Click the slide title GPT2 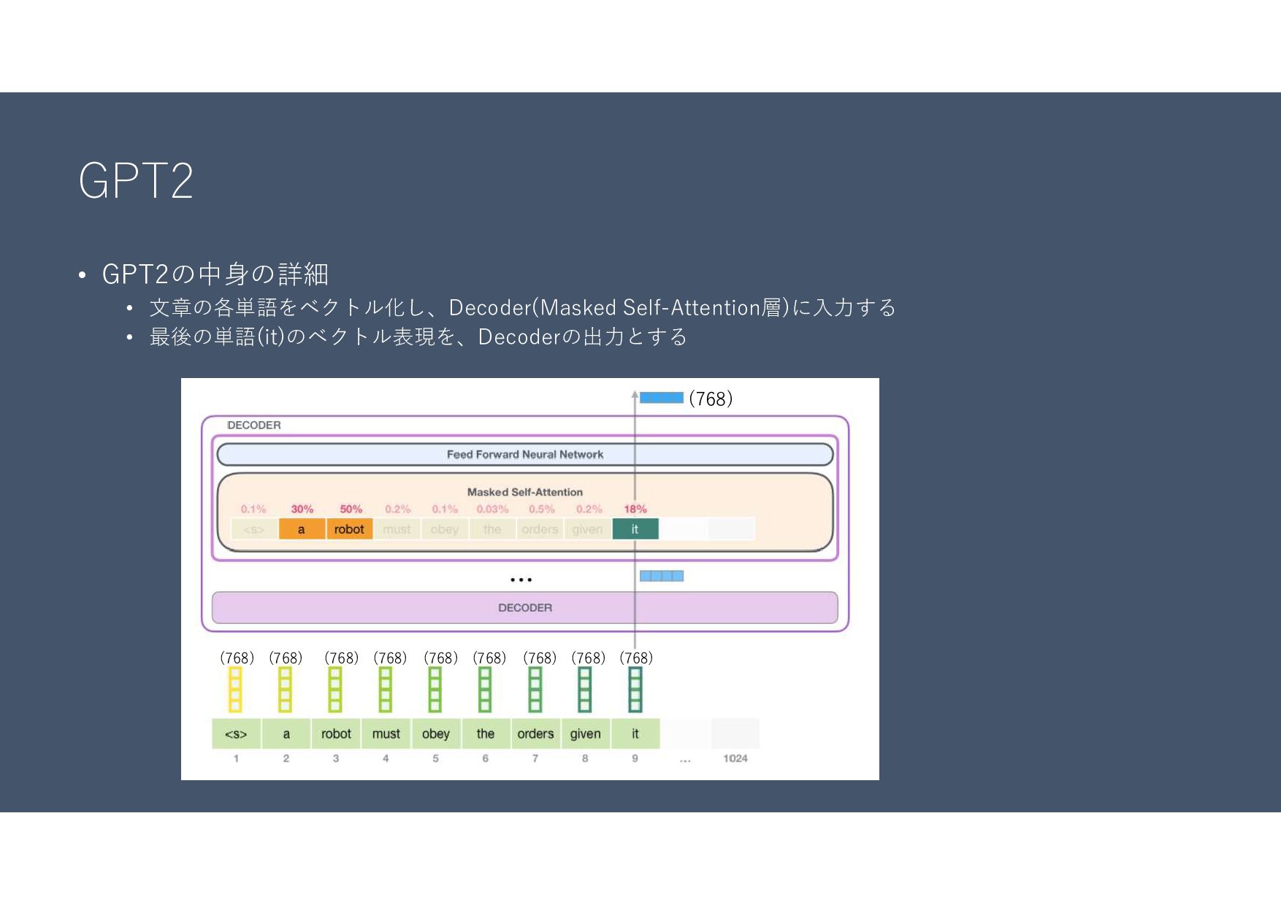[136, 180]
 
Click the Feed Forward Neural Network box [524, 454]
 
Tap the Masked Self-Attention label [524, 492]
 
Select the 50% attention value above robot [351, 509]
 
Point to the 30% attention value [302, 509]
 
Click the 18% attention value [635, 509]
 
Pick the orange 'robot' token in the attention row [349, 529]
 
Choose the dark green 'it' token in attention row [635, 529]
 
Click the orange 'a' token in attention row [301, 529]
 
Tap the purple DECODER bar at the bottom [524, 607]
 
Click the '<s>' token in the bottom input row [236, 733]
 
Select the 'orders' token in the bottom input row [535, 733]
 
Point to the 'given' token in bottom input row [585, 733]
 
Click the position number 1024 [735, 758]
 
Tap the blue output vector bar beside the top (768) [662, 398]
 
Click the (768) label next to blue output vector [711, 398]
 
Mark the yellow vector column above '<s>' [235, 690]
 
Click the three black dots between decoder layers [521, 579]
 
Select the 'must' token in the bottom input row [386, 733]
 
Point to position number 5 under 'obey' [435, 758]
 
